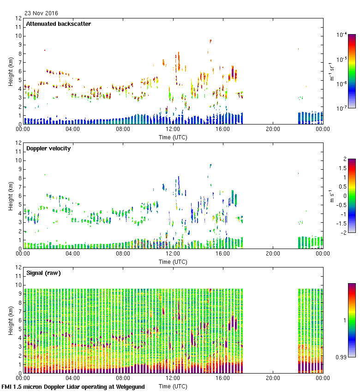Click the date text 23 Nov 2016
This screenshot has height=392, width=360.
(41, 13)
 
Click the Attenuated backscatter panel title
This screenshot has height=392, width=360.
(59, 24)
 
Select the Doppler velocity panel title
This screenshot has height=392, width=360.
(48, 148)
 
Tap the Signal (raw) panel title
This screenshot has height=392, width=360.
(43, 273)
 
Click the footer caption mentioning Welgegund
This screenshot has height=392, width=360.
(73, 387)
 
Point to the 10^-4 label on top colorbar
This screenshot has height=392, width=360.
(342, 35)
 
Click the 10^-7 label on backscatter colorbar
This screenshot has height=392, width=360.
(342, 108)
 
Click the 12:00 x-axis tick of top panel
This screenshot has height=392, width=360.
(173, 130)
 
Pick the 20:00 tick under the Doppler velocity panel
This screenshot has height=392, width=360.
(273, 254)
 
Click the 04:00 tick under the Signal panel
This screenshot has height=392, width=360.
(73, 378)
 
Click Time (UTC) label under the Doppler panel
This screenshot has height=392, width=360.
(173, 261)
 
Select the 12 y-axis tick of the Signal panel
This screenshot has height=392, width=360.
(19, 267)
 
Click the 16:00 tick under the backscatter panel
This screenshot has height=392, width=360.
(223, 130)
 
